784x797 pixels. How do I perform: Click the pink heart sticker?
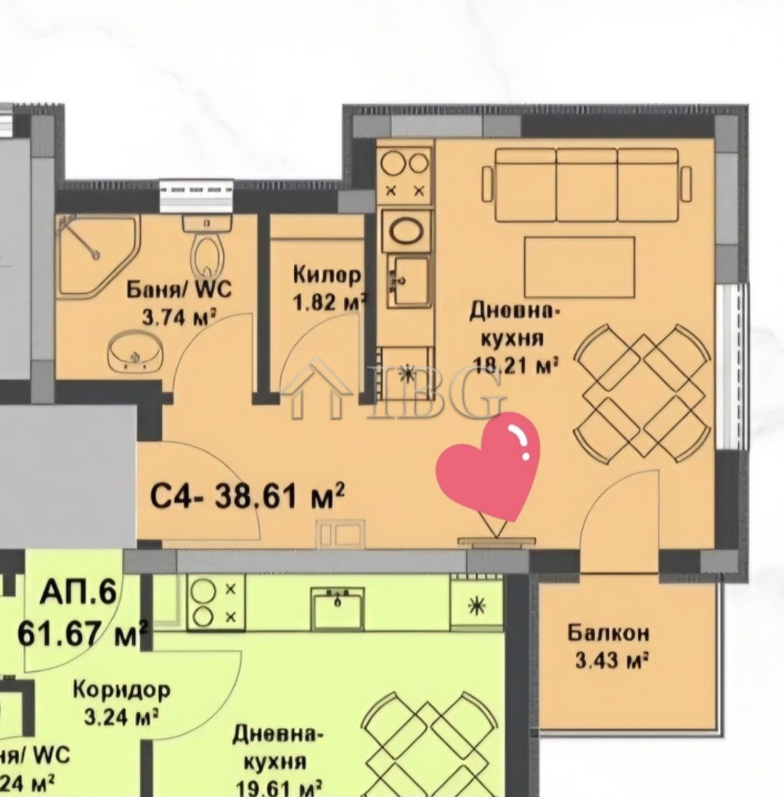(x=488, y=466)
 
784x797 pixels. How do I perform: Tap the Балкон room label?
(x=608, y=633)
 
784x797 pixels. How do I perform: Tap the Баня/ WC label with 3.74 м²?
(x=179, y=291)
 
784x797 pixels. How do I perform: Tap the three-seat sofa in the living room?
(x=587, y=185)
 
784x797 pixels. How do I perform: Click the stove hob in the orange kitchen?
(x=405, y=175)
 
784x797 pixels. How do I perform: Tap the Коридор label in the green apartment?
(x=121, y=689)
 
